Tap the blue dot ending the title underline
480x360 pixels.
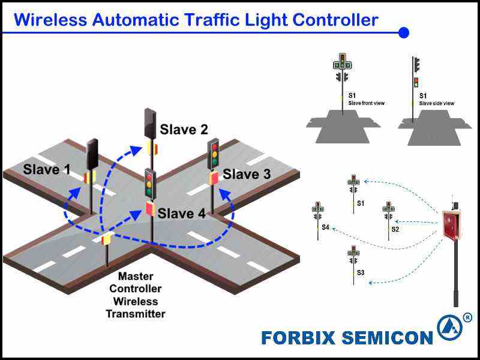click(x=404, y=32)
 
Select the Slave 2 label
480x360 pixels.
click(x=184, y=130)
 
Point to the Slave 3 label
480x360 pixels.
click(x=247, y=175)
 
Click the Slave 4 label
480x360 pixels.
click(x=184, y=214)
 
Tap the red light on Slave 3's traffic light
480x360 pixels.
click(x=214, y=146)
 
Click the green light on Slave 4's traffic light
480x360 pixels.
click(x=149, y=193)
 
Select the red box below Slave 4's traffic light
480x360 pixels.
click(x=149, y=209)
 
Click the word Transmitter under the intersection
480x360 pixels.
click(x=136, y=313)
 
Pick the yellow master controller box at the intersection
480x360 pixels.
click(x=106, y=239)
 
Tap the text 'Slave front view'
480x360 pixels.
click(x=367, y=103)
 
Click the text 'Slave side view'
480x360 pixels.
click(x=437, y=103)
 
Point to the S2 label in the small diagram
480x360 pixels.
click(x=395, y=229)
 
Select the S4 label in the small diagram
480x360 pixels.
click(x=325, y=227)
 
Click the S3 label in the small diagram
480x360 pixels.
click(x=361, y=272)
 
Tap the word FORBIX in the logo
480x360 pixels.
click(x=298, y=338)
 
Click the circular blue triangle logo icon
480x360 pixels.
click(x=449, y=328)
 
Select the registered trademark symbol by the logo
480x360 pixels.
click(x=467, y=317)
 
